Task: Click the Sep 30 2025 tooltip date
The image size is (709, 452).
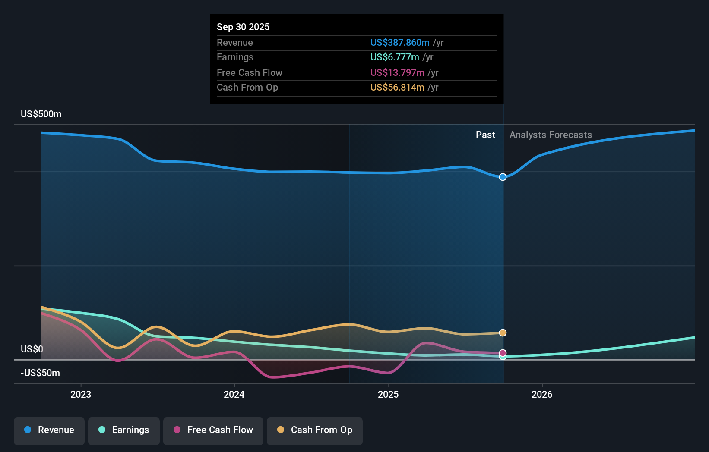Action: (x=243, y=27)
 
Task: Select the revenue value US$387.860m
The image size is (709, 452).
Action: (x=400, y=42)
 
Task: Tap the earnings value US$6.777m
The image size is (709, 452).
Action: (x=395, y=57)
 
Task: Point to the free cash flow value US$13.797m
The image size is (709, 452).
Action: (x=397, y=72)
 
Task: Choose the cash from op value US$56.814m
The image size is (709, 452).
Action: (x=397, y=87)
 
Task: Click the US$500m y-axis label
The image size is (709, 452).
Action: (x=41, y=114)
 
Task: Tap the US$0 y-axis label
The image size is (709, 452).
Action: (x=32, y=349)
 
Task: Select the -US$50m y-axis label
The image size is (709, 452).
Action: (x=41, y=373)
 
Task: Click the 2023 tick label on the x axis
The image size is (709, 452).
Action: (x=81, y=394)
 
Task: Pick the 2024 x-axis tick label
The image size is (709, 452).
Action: (x=234, y=394)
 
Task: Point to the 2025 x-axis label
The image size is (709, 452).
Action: (x=388, y=394)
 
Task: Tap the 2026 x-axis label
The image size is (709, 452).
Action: (x=542, y=394)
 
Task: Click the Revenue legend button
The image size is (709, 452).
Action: (x=49, y=430)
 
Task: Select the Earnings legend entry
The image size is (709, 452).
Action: (x=124, y=430)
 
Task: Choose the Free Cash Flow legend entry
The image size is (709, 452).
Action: (x=213, y=430)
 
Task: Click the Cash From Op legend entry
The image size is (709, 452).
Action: (x=315, y=430)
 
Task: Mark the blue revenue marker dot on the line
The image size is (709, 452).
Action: (x=503, y=177)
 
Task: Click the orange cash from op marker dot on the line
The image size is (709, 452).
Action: (x=503, y=333)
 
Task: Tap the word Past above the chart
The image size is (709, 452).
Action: (x=485, y=135)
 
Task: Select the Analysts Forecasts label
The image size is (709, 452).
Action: (x=551, y=135)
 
